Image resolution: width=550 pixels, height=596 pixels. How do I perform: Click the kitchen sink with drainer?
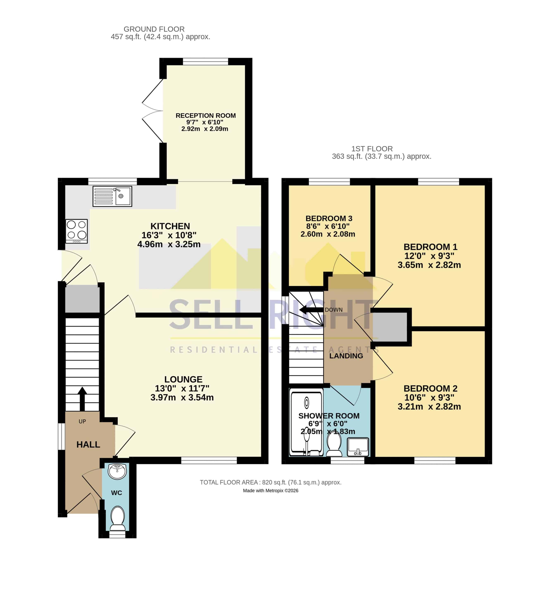click(112, 196)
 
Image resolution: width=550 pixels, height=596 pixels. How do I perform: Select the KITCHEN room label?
click(170, 226)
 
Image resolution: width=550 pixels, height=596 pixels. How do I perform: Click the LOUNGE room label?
click(183, 379)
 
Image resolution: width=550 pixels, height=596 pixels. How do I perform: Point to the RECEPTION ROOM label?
click(206, 115)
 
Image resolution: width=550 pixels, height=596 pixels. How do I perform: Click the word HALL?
click(88, 444)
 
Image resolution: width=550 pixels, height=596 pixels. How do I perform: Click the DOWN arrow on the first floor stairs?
click(311, 310)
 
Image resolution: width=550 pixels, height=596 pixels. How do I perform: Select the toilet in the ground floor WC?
click(118, 519)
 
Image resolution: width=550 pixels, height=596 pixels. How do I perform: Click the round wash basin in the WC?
click(117, 471)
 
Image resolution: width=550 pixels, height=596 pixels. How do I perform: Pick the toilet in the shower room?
click(334, 444)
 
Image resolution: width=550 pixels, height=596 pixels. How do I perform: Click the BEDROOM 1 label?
click(430, 247)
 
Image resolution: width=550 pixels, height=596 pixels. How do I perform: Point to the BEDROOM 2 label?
click(430, 388)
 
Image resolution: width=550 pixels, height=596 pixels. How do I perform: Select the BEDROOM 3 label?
click(329, 218)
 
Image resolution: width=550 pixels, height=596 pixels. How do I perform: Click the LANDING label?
click(346, 356)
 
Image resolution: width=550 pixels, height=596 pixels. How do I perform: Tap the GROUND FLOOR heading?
click(154, 29)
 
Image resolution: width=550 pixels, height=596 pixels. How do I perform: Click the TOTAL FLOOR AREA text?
click(270, 482)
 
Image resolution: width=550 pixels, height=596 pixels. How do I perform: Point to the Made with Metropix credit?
click(270, 490)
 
